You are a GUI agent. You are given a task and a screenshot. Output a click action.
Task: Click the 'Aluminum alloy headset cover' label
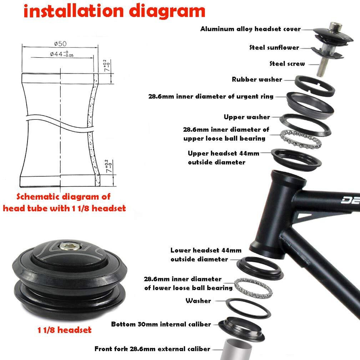pyautogui.click(x=250, y=29)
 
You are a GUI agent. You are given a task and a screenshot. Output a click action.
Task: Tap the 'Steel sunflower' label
pyautogui.click(x=274, y=47)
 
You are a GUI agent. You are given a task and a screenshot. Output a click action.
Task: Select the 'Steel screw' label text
pyautogui.click(x=287, y=64)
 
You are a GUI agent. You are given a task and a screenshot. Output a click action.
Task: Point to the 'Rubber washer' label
pyautogui.click(x=257, y=79)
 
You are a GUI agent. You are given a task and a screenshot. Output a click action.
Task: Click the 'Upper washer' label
pyautogui.click(x=247, y=117)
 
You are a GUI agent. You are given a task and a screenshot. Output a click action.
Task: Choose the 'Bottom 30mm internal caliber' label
pyautogui.click(x=161, y=324)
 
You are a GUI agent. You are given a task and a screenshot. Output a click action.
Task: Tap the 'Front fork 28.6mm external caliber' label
pyautogui.click(x=152, y=349)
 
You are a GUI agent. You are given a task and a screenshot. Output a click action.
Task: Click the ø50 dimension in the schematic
pyautogui.click(x=60, y=44)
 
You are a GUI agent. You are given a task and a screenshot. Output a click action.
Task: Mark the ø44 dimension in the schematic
pyautogui.click(x=61, y=54)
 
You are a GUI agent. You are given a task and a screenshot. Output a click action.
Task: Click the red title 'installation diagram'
pyautogui.click(x=114, y=11)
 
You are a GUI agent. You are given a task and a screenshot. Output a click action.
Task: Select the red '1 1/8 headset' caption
pyautogui.click(x=65, y=330)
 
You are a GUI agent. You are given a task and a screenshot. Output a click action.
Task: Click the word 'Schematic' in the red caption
pyautogui.click(x=31, y=196)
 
